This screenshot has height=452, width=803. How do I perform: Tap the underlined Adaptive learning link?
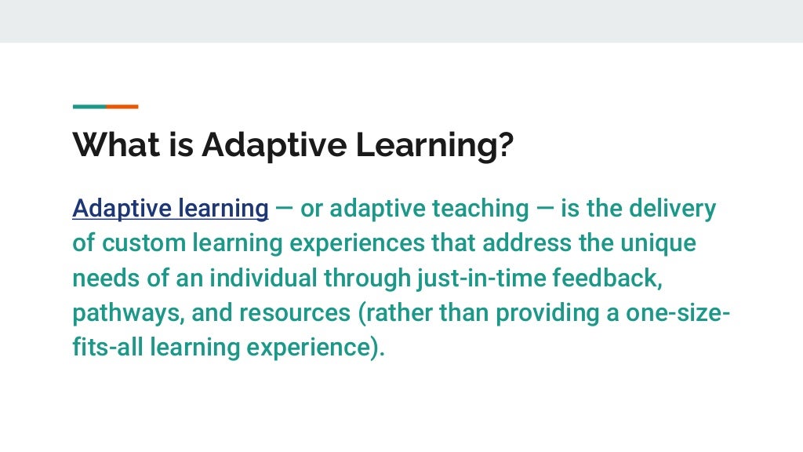pyautogui.click(x=170, y=209)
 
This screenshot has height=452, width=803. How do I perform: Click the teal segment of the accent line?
pyautogui.click(x=89, y=107)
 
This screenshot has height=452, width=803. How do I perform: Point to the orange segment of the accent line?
pyautogui.click(x=122, y=107)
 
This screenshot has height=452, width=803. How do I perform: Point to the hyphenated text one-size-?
pyautogui.click(x=678, y=313)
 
